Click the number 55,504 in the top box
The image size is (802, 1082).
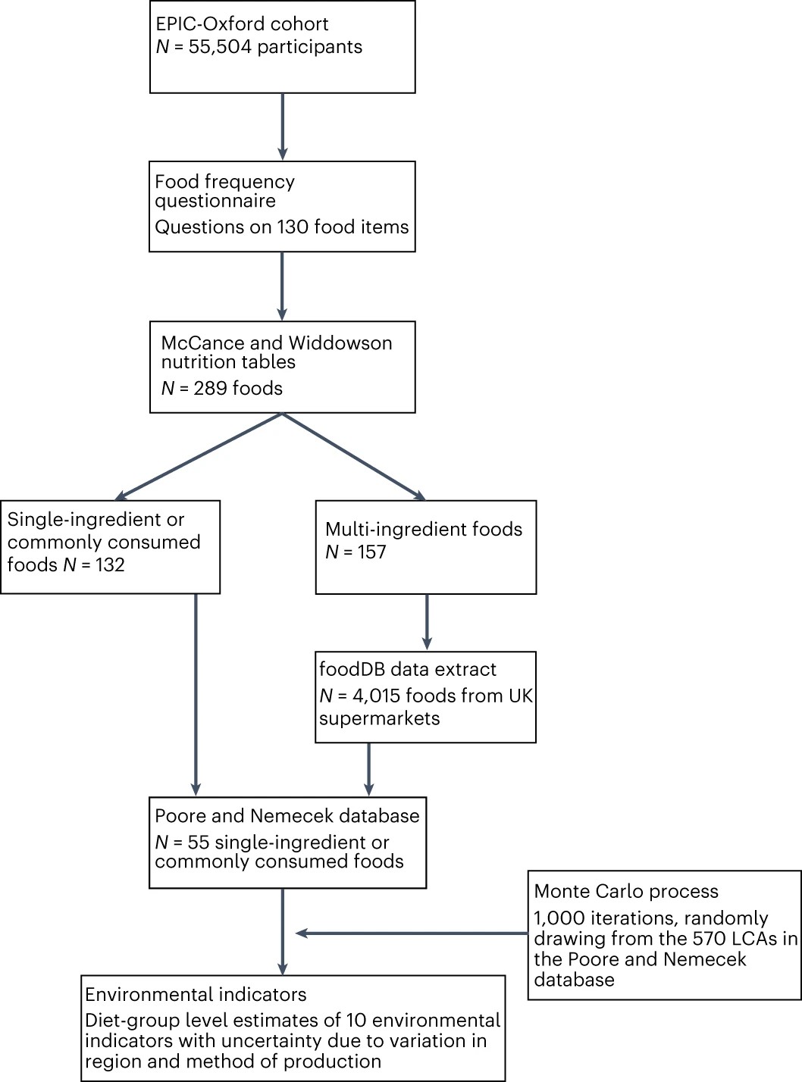click(x=220, y=47)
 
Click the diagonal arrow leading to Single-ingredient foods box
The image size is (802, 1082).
click(x=199, y=457)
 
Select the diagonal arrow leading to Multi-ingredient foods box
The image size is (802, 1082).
click(x=354, y=457)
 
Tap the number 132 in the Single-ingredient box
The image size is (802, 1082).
click(x=110, y=565)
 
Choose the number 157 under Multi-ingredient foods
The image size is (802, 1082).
click(x=371, y=552)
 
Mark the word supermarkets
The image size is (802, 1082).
click(x=379, y=718)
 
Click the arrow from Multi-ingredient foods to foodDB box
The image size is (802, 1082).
click(x=427, y=622)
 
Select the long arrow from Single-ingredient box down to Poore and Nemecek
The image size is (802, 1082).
click(x=196, y=694)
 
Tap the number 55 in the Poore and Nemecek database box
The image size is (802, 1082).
click(x=198, y=843)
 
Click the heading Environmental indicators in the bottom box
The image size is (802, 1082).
click(x=196, y=995)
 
